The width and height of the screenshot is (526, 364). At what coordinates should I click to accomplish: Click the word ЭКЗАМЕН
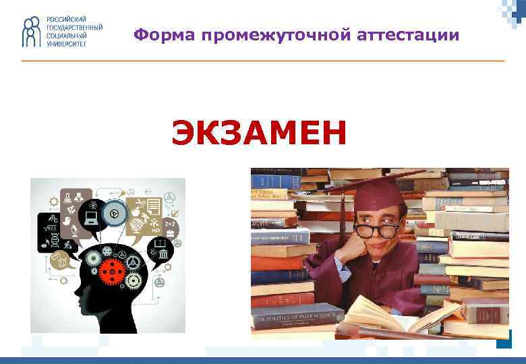pyautogui.click(x=259, y=131)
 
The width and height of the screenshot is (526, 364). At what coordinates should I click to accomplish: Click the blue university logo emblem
pyautogui.click(x=31, y=32)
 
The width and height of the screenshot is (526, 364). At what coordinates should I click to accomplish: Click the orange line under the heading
pyautogui.click(x=263, y=61)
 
